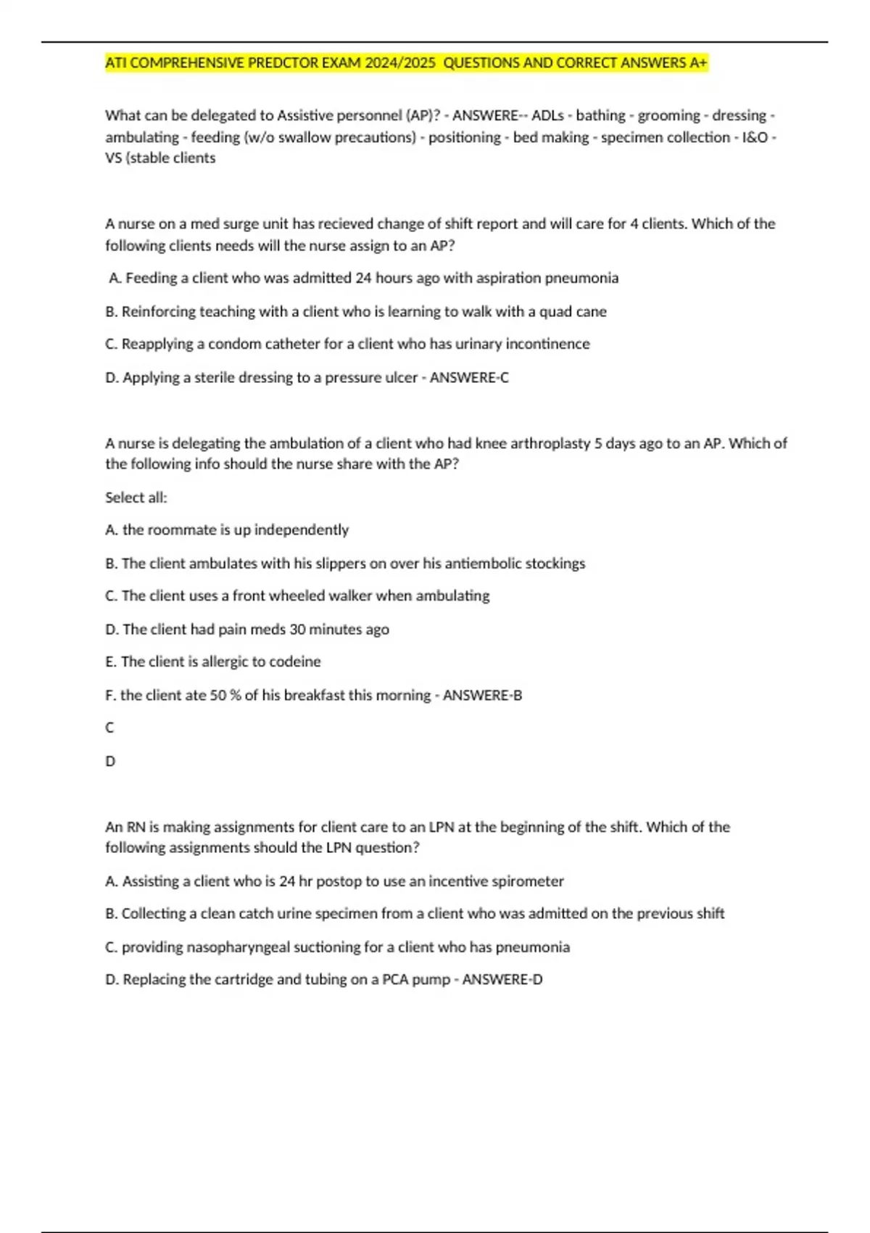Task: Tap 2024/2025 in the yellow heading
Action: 400,63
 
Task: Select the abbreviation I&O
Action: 753,137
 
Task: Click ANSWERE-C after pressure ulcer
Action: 469,377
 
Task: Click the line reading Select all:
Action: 136,498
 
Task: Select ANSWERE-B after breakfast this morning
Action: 482,695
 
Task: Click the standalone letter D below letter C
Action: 110,761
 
